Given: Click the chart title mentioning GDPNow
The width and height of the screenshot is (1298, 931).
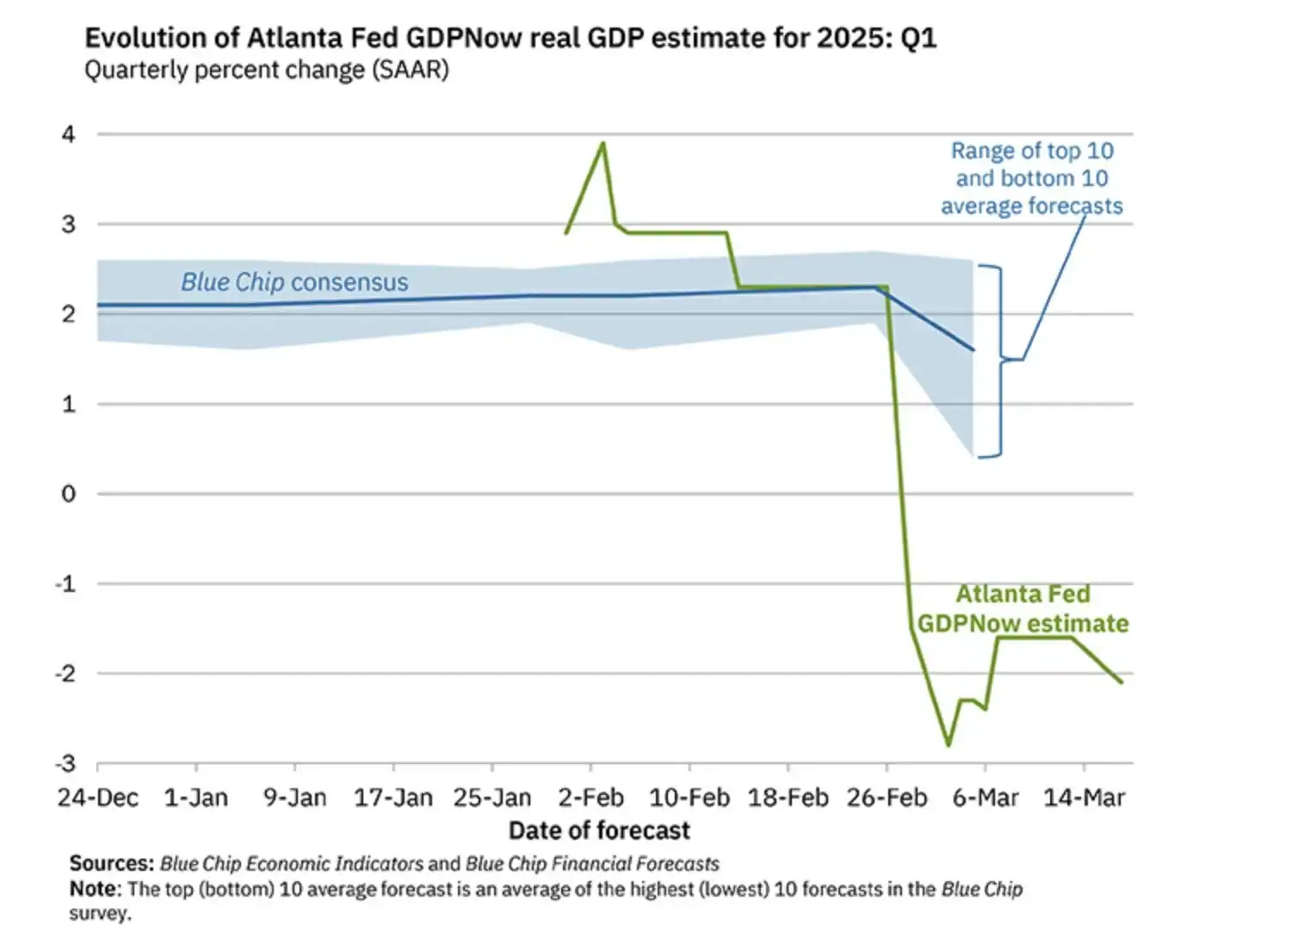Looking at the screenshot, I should (x=510, y=39).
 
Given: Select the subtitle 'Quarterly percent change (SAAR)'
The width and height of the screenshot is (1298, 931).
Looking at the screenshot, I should (x=266, y=71).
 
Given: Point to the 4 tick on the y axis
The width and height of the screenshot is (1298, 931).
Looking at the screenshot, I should (x=68, y=134).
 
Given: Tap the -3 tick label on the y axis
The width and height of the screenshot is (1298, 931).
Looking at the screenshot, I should (x=65, y=764).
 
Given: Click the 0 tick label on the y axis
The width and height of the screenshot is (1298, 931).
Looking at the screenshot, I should (x=68, y=494).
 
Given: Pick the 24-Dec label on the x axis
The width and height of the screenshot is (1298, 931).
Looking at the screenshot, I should (x=97, y=798).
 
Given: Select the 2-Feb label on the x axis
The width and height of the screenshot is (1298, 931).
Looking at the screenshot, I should (x=590, y=798).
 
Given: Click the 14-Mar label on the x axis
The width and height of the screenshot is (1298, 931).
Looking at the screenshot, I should (x=1084, y=798).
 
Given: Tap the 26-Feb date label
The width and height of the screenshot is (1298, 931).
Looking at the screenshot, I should (x=887, y=798).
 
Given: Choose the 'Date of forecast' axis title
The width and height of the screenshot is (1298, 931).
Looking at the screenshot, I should (x=599, y=830).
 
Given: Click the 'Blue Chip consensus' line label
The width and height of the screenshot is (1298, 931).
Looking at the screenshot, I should (x=294, y=282).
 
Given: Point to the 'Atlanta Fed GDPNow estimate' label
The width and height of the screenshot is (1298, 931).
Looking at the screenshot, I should (x=1023, y=609).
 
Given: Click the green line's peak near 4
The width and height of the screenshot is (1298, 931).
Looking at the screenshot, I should (x=603, y=143).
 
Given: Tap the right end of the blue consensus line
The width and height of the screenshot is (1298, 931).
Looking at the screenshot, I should (x=973, y=350).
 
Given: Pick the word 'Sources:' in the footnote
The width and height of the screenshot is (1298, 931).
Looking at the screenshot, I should (x=112, y=863).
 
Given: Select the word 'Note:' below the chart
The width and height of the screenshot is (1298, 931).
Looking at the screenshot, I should (x=96, y=889).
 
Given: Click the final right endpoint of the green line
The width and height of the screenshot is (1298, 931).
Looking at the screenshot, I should (x=1122, y=682).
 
